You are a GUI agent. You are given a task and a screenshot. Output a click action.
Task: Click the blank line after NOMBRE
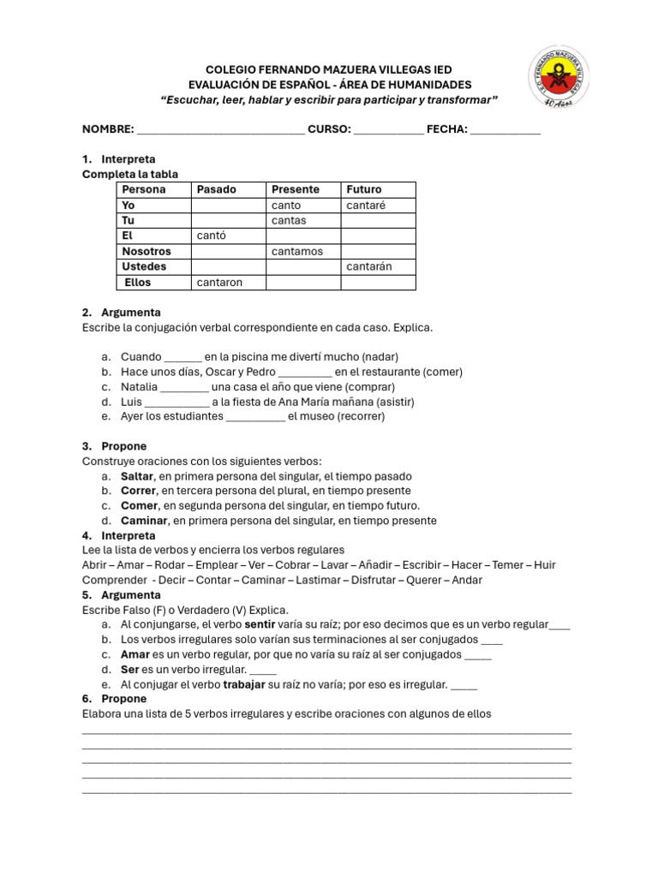(x=220, y=130)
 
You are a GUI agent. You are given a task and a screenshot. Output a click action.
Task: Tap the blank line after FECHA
(x=505, y=130)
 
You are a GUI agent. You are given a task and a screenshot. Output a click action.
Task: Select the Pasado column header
(x=217, y=189)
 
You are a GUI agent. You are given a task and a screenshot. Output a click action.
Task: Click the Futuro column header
(x=364, y=189)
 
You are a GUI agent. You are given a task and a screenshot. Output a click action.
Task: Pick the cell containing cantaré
(x=366, y=206)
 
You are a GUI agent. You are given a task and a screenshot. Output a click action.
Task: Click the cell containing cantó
(x=212, y=236)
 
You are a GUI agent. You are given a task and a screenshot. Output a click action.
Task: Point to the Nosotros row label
(x=147, y=251)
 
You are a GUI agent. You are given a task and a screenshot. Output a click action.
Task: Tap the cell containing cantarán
(x=368, y=266)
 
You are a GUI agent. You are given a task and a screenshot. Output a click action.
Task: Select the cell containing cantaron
(x=219, y=282)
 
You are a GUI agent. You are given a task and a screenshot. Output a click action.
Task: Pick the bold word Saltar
(x=137, y=476)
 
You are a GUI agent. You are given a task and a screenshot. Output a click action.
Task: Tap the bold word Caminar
(x=143, y=521)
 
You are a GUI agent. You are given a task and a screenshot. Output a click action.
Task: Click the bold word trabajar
(x=244, y=684)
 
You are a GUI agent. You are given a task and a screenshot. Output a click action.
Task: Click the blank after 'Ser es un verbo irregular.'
(x=263, y=671)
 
